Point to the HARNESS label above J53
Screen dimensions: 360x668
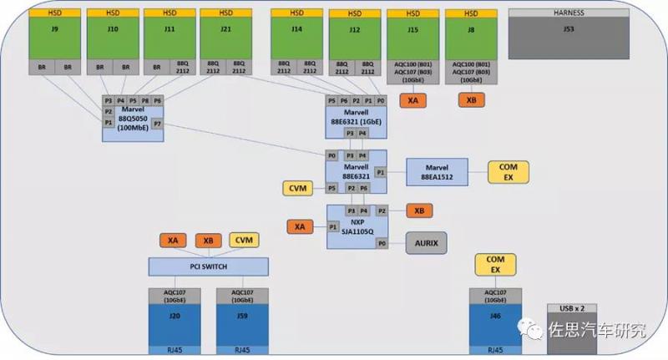coord(568,13)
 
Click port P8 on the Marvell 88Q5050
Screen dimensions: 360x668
coord(145,100)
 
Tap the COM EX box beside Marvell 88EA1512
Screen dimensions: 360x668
coord(509,172)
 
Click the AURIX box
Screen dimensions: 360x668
coord(426,243)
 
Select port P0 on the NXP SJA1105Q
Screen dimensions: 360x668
coord(382,243)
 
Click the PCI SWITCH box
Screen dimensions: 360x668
coord(209,266)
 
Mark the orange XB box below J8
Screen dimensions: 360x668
coord(471,100)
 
